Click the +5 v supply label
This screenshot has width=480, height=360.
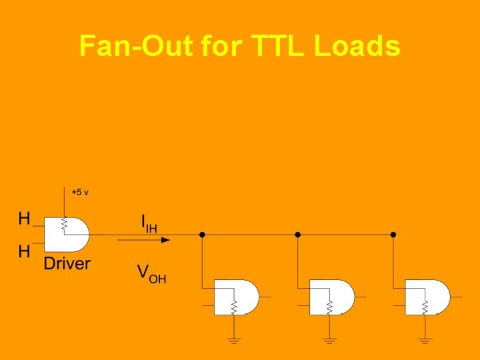[x=80, y=192]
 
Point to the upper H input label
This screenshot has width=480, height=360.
[x=24, y=218]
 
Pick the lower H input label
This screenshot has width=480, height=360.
[x=24, y=251]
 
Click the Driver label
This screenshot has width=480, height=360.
[x=67, y=263]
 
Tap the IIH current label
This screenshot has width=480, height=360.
[x=149, y=223]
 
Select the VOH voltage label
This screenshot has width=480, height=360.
[x=151, y=273]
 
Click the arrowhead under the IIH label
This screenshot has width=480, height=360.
[x=165, y=239]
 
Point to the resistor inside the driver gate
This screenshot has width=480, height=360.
[x=64, y=225]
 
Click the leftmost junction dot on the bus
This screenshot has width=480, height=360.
[x=202, y=235]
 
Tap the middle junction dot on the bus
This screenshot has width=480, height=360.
[x=298, y=235]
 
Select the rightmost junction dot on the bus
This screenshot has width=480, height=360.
[x=393, y=235]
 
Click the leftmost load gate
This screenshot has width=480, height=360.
[x=237, y=297]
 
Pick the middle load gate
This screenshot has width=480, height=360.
[x=332, y=297]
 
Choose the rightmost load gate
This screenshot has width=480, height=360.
[x=428, y=297]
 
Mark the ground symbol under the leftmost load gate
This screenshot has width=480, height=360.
[x=234, y=340]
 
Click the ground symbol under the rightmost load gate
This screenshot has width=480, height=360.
[x=425, y=340]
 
